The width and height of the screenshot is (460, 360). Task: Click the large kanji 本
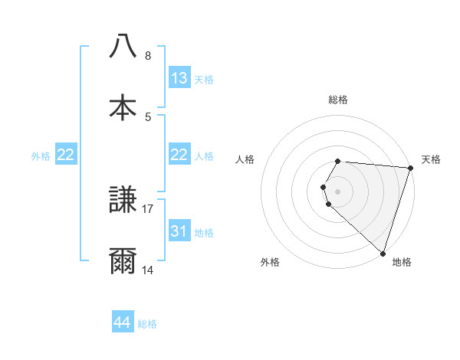click(123, 107)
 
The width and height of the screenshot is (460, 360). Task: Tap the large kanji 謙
click(123, 201)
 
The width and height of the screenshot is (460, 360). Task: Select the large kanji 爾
click(123, 261)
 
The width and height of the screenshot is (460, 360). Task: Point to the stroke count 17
click(148, 208)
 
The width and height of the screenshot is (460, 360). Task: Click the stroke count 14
click(148, 270)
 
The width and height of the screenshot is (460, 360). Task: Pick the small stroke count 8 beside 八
click(148, 55)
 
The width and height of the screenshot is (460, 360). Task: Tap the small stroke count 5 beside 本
click(148, 116)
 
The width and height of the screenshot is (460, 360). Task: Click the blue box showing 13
click(179, 78)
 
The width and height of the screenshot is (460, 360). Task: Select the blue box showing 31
click(179, 231)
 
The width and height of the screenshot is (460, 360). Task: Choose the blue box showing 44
click(123, 322)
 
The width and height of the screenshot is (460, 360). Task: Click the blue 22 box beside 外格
click(66, 155)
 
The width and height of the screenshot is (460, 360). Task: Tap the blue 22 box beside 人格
click(179, 155)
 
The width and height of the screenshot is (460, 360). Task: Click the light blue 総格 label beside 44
click(147, 323)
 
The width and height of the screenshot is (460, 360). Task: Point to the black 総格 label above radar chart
click(337, 100)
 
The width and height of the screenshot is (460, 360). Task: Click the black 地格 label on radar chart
click(402, 262)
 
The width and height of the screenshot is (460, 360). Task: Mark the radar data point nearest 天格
click(410, 168)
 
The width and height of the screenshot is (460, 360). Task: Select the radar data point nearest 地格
click(383, 253)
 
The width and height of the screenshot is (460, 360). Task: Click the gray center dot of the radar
click(337, 191)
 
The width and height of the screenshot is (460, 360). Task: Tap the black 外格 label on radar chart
click(270, 262)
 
